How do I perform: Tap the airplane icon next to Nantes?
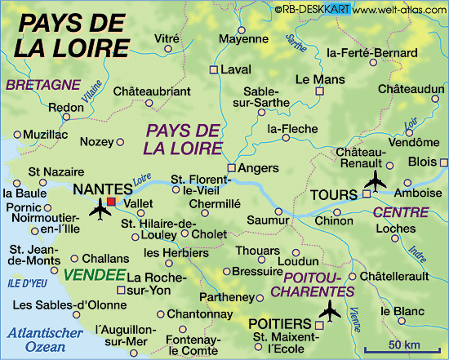pyautogui.click(x=100, y=211)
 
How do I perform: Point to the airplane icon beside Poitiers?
pyautogui.click(x=331, y=311)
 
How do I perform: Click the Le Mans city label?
pyautogui.click(x=314, y=80)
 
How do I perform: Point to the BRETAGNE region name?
pyautogui.click(x=42, y=83)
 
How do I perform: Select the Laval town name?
pyautogui.click(x=237, y=69)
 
